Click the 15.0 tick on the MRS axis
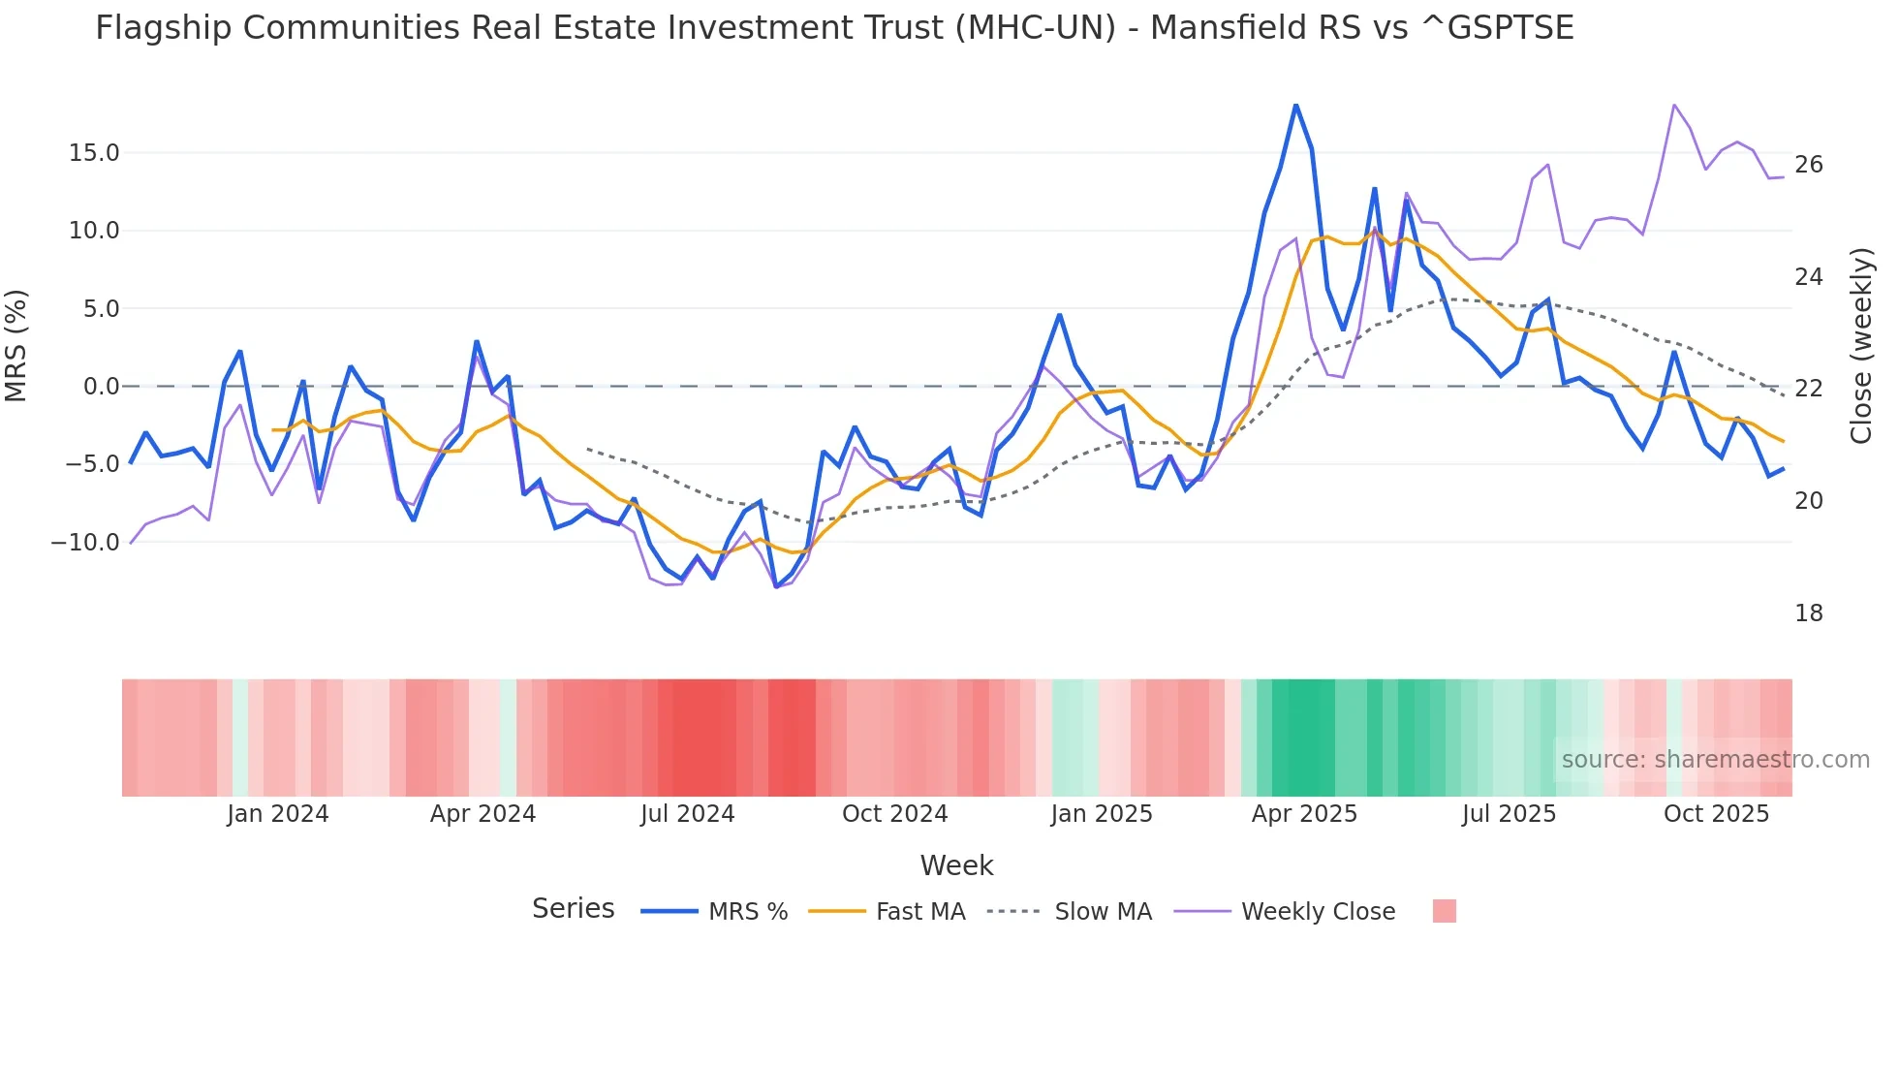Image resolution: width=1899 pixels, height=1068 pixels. click(94, 153)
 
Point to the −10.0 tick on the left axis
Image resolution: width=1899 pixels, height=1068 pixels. click(85, 543)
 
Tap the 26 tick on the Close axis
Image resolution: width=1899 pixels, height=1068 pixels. click(1808, 165)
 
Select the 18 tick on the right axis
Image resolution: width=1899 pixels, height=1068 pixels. click(1808, 613)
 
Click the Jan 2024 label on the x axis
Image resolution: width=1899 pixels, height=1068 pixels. click(278, 814)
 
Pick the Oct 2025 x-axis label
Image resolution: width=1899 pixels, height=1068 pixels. click(1716, 814)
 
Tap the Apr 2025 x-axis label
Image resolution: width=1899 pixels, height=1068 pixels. click(1304, 814)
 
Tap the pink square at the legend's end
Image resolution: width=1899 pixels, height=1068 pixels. click(1444, 911)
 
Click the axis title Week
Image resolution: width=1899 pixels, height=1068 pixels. click(956, 865)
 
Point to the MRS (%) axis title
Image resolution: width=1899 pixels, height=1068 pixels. click(16, 345)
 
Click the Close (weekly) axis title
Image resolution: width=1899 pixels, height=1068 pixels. click(1860, 346)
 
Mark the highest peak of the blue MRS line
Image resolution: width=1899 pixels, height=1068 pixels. click(1295, 105)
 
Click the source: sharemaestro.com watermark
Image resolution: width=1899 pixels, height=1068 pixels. click(1715, 760)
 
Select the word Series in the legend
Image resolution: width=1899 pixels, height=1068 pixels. click(573, 909)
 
